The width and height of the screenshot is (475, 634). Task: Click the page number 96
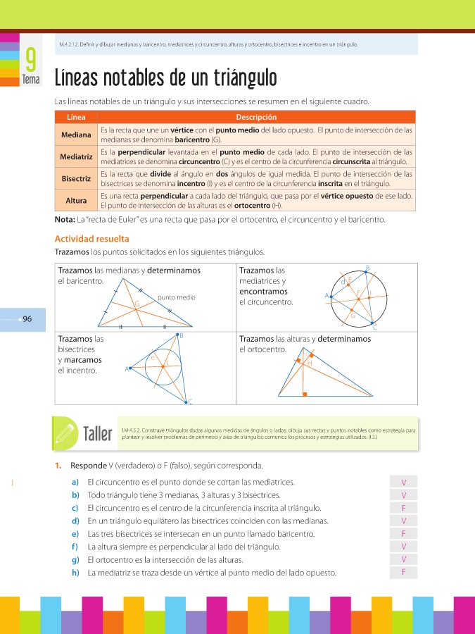pyautogui.click(x=27, y=319)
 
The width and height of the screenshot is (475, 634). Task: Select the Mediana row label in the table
pyautogui.click(x=76, y=135)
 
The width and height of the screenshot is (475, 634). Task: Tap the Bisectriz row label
pyautogui.click(x=76, y=178)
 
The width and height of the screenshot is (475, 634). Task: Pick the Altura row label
pyautogui.click(x=76, y=201)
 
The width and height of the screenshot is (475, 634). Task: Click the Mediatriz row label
pyautogui.click(x=76, y=156)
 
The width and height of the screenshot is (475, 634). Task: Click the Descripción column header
pyautogui.click(x=256, y=117)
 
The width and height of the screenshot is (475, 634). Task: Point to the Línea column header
pyautogui.click(x=76, y=117)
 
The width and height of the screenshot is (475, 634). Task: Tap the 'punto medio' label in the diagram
pyautogui.click(x=177, y=297)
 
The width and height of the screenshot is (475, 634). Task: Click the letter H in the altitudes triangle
pyautogui.click(x=310, y=363)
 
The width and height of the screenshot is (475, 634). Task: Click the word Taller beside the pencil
pyautogui.click(x=98, y=433)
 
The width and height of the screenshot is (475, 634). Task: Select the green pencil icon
pyautogui.click(x=65, y=431)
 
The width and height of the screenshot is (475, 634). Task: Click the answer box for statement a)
pyautogui.click(x=403, y=483)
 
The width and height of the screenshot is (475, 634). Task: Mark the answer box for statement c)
pyautogui.click(x=403, y=508)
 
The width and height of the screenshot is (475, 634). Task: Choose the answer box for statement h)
pyautogui.click(x=403, y=572)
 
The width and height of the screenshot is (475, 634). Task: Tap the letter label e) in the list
pyautogui.click(x=75, y=534)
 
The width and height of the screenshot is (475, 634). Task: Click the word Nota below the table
pyautogui.click(x=64, y=220)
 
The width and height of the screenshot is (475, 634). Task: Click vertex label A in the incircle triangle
pyautogui.click(x=127, y=368)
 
